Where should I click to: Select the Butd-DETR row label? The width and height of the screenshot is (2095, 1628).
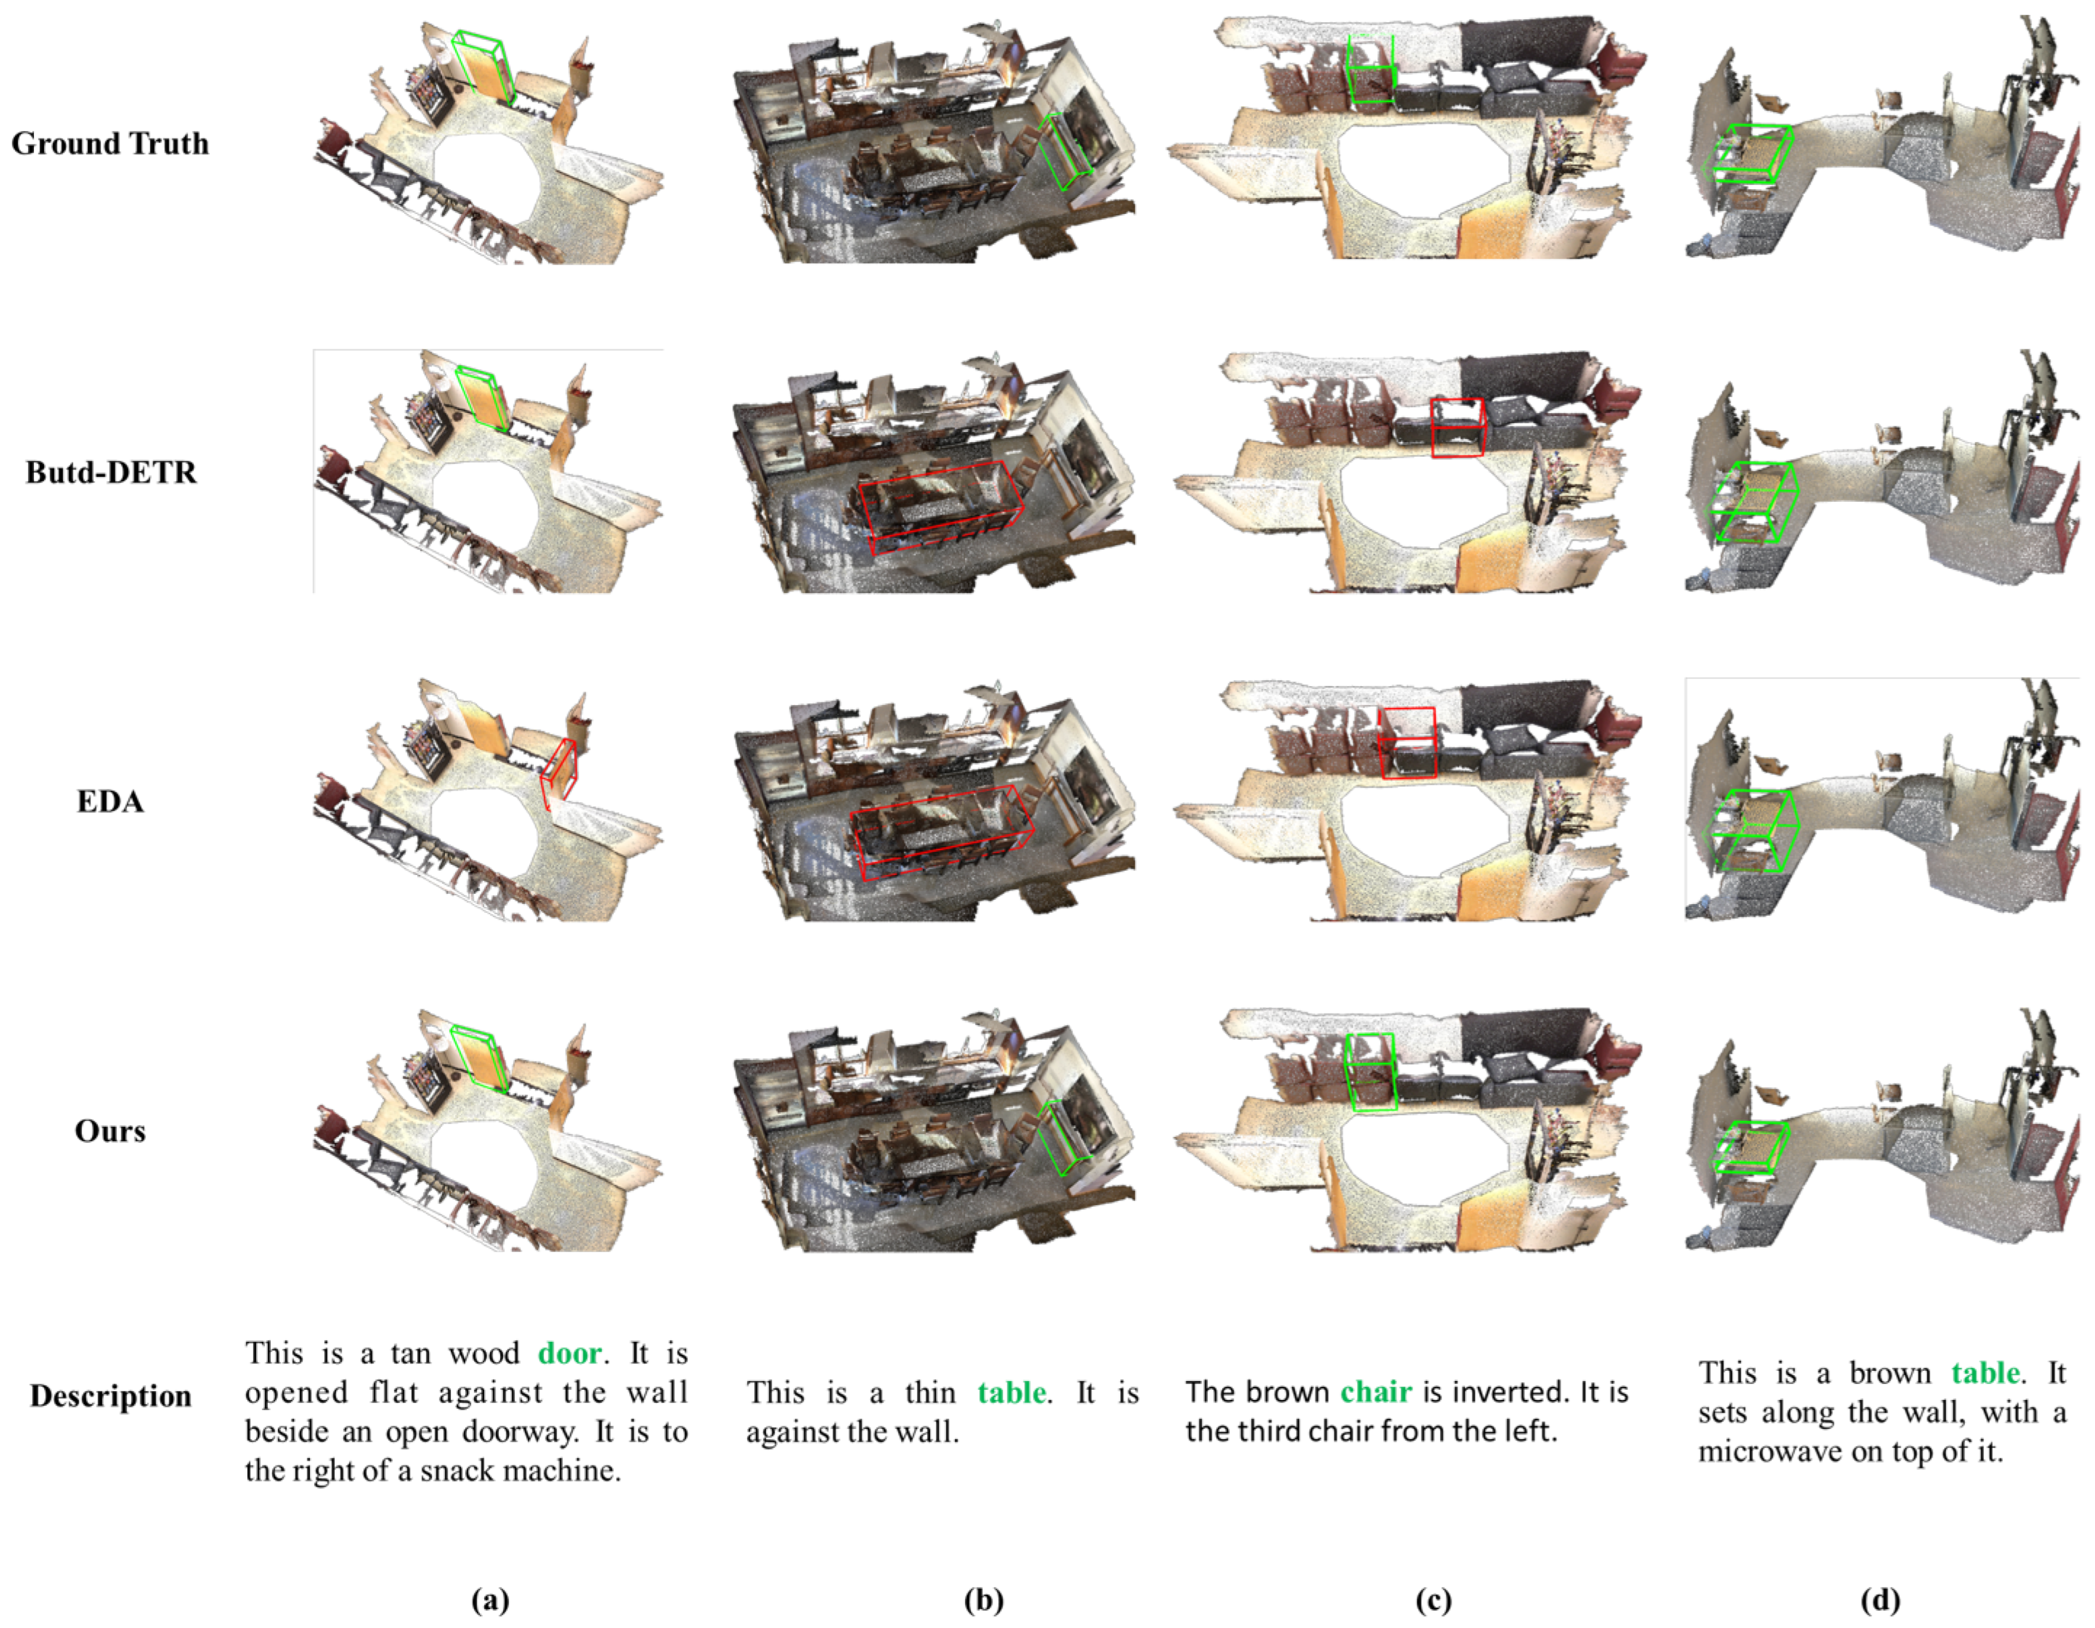111,473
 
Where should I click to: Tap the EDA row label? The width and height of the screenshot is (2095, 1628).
111,802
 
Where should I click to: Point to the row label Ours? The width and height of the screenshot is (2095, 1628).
111,1131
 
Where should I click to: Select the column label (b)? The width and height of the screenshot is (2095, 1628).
983,1600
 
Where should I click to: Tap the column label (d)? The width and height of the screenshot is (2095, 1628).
1880,1600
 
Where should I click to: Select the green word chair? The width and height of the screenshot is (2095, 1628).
1376,1392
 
